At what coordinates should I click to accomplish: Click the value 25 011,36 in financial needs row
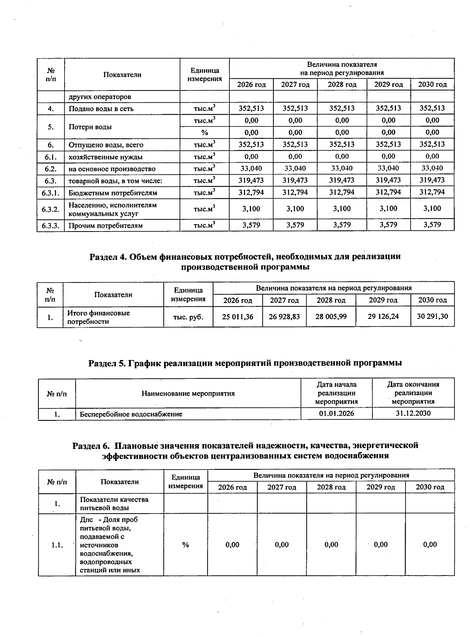tap(237, 317)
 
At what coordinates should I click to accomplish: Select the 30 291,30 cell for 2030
tap(432, 317)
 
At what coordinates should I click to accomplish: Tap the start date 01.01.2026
tap(336, 413)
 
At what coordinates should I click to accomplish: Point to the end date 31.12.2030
tap(413, 413)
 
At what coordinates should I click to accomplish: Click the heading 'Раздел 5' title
tap(245, 363)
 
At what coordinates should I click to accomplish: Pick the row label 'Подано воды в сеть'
tap(101, 109)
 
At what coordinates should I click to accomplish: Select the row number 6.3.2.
tap(51, 209)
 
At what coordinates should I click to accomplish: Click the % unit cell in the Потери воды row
tap(204, 132)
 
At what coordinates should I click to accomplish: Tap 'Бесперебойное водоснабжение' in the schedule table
tap(131, 414)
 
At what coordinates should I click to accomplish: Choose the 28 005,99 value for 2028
tap(331, 317)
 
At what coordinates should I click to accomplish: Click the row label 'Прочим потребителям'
tap(105, 225)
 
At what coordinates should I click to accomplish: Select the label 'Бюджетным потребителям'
tap(113, 193)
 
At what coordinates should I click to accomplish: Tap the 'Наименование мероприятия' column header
tap(188, 393)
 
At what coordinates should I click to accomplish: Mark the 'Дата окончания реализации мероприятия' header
tap(413, 393)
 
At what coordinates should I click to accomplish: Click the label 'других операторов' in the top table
tap(100, 97)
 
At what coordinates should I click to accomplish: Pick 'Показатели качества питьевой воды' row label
tap(114, 503)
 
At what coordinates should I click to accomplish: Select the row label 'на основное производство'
tap(112, 169)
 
